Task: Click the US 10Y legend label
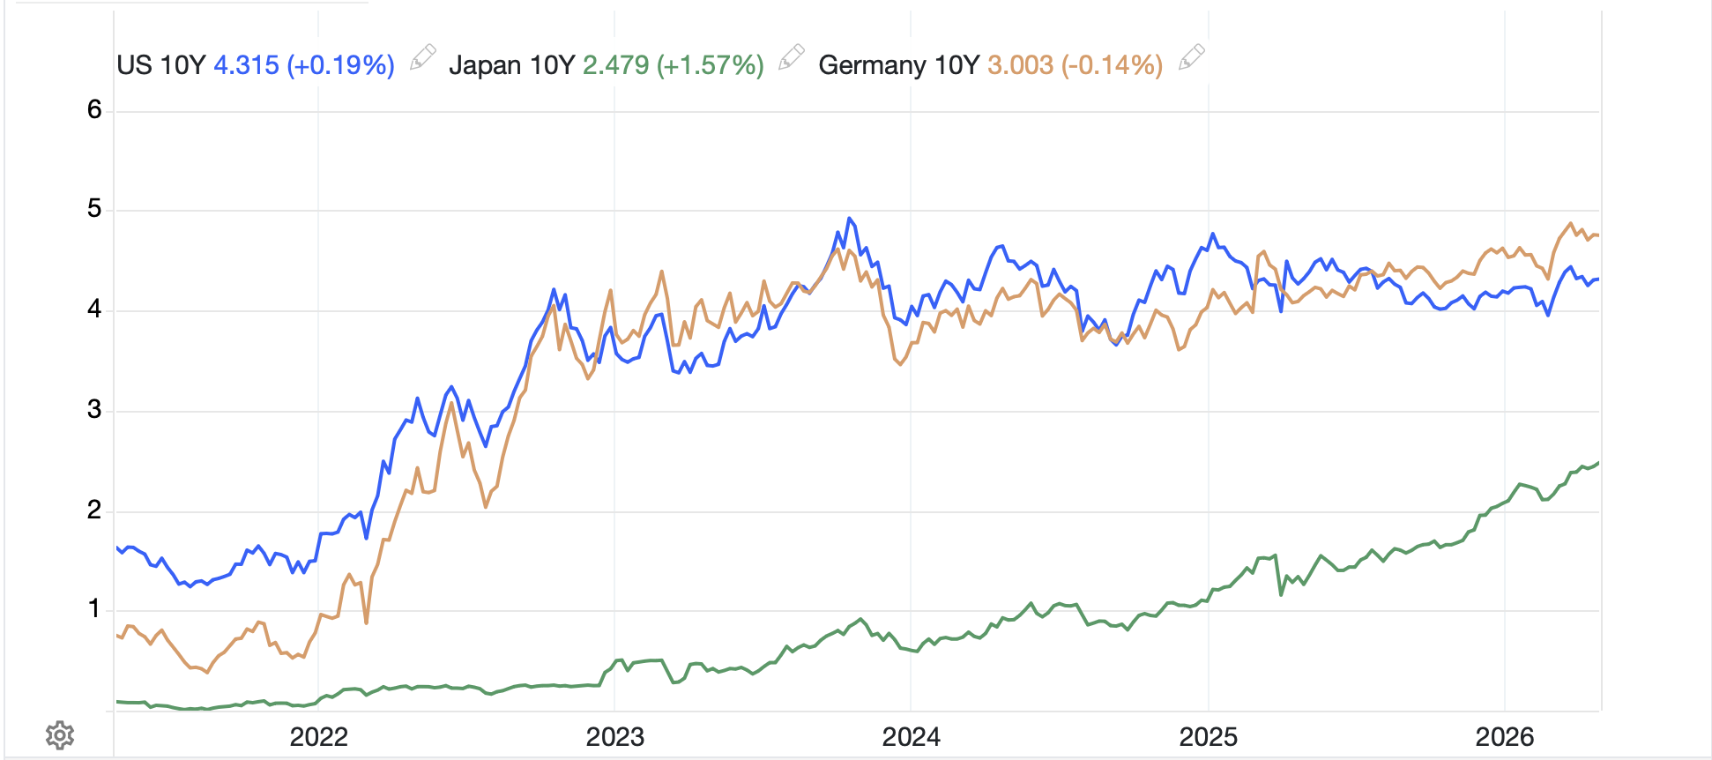pyautogui.click(x=160, y=65)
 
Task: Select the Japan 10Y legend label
pyautogui.click(x=511, y=65)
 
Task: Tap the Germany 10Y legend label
pyautogui.click(x=898, y=65)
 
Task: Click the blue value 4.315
pyautogui.click(x=246, y=65)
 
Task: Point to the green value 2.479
pyautogui.click(x=615, y=65)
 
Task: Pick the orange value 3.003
pyautogui.click(x=1020, y=65)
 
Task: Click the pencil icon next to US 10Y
pyautogui.click(x=423, y=57)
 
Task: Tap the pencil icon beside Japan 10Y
pyautogui.click(x=792, y=57)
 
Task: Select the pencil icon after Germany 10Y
pyautogui.click(x=1191, y=57)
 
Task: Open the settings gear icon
pyautogui.click(x=60, y=734)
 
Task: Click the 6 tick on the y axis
pyautogui.click(x=94, y=110)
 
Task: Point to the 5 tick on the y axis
pyautogui.click(x=94, y=210)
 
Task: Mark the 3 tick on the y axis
pyautogui.click(x=94, y=410)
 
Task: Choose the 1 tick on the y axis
pyautogui.click(x=94, y=609)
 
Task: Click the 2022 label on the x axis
pyautogui.click(x=318, y=737)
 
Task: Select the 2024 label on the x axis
pyautogui.click(x=911, y=737)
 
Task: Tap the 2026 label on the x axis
pyautogui.click(x=1504, y=737)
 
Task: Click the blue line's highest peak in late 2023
pyautogui.click(x=849, y=219)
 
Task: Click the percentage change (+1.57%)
pyautogui.click(x=710, y=65)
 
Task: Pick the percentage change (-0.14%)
pyautogui.click(x=1112, y=65)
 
